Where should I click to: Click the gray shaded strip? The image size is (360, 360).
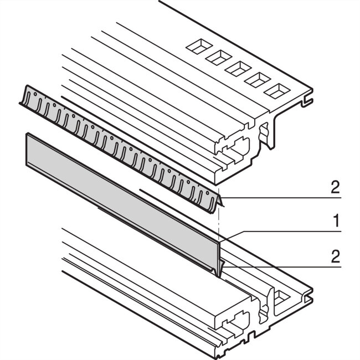click(122, 194)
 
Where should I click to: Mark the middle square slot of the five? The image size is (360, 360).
click(236, 68)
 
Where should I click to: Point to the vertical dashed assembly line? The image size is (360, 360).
click(220, 222)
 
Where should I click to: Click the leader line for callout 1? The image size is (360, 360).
click(277, 230)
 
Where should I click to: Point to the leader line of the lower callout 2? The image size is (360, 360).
click(277, 265)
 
